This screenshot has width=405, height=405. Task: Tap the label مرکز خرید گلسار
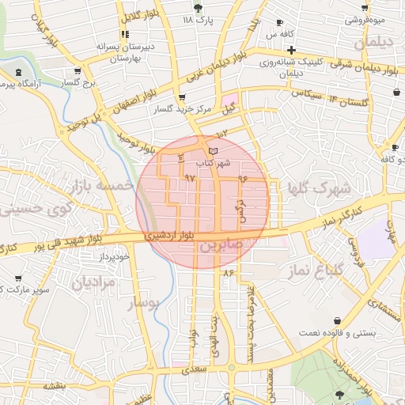184,109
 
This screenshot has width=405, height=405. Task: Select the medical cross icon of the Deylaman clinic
291,50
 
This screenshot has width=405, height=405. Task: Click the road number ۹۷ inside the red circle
189,178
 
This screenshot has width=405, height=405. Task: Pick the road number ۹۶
242,179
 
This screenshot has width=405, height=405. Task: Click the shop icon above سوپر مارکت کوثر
18,278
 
